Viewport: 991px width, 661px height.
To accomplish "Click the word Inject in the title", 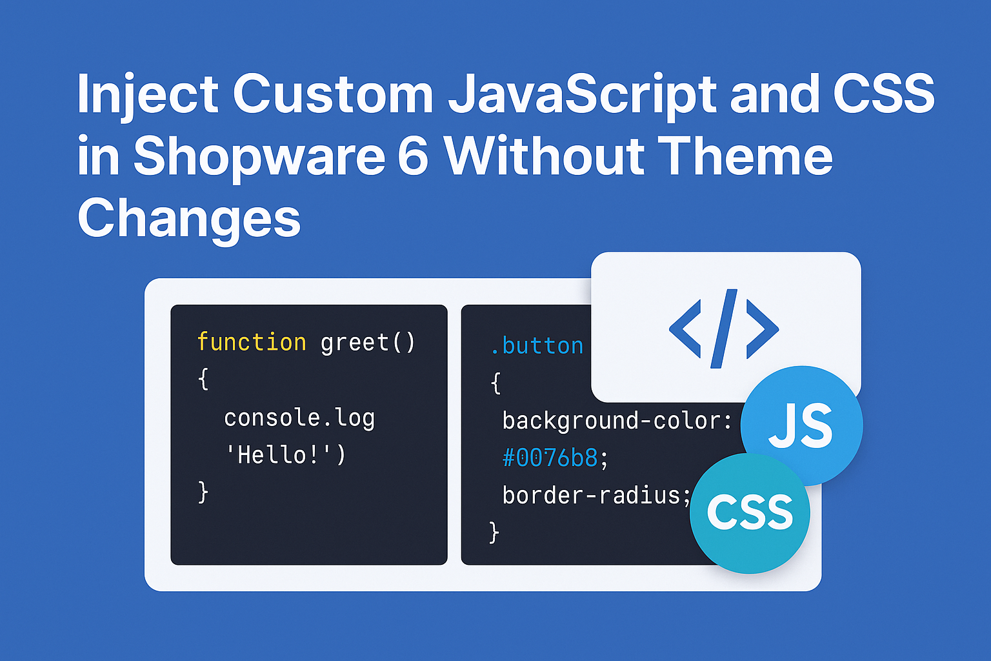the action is pyautogui.click(x=147, y=94).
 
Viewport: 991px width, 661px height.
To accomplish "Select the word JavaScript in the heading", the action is pyautogui.click(x=582, y=94).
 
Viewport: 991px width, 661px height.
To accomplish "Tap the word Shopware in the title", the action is pyautogui.click(x=260, y=158).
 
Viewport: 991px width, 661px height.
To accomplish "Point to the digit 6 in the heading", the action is pyautogui.click(x=413, y=156).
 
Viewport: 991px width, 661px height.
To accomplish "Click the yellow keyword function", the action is pyautogui.click(x=251, y=342).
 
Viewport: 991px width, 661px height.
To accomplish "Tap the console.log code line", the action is pyautogui.click(x=299, y=418).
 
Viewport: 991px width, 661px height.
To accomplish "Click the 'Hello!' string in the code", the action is pyautogui.click(x=285, y=455).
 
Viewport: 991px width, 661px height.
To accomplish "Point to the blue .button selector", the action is pyautogui.click(x=537, y=346).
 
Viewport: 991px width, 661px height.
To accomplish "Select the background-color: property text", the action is pyautogui.click(x=617, y=421).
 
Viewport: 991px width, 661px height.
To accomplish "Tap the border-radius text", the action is pyautogui.click(x=591, y=495).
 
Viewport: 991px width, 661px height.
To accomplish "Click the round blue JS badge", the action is pyautogui.click(x=802, y=426).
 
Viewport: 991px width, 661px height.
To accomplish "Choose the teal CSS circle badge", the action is pyautogui.click(x=750, y=513).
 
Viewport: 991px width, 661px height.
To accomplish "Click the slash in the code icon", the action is pyautogui.click(x=724, y=329).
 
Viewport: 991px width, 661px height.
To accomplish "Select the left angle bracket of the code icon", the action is pyautogui.click(x=685, y=329).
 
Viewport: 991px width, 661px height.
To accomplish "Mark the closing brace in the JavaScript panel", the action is pyautogui.click(x=203, y=493).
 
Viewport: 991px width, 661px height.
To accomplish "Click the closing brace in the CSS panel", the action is pyautogui.click(x=494, y=532).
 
